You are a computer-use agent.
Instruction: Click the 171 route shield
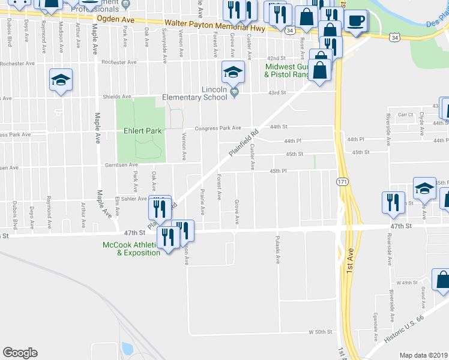click(342, 181)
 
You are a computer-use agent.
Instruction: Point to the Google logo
click(20, 353)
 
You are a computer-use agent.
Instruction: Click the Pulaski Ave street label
click(278, 253)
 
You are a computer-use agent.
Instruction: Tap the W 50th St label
click(320, 332)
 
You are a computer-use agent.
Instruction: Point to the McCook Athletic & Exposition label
click(131, 248)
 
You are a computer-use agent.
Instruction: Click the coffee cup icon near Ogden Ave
click(355, 21)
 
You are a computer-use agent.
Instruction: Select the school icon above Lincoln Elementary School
click(232, 74)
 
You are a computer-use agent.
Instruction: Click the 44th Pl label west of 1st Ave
click(292, 140)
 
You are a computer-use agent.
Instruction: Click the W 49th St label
click(406, 282)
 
